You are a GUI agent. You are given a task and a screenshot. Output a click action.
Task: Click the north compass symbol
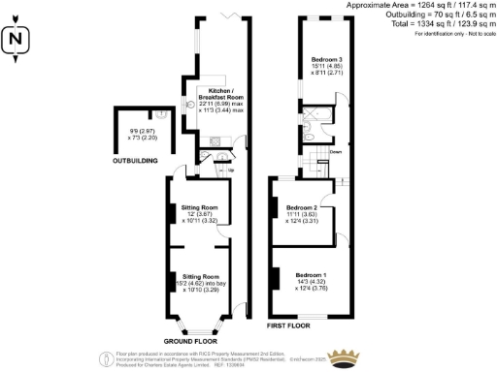tap(14, 41)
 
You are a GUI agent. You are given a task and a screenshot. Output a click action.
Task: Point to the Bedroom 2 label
tap(302, 208)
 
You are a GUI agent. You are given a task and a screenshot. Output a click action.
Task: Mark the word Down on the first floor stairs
tap(335, 152)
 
